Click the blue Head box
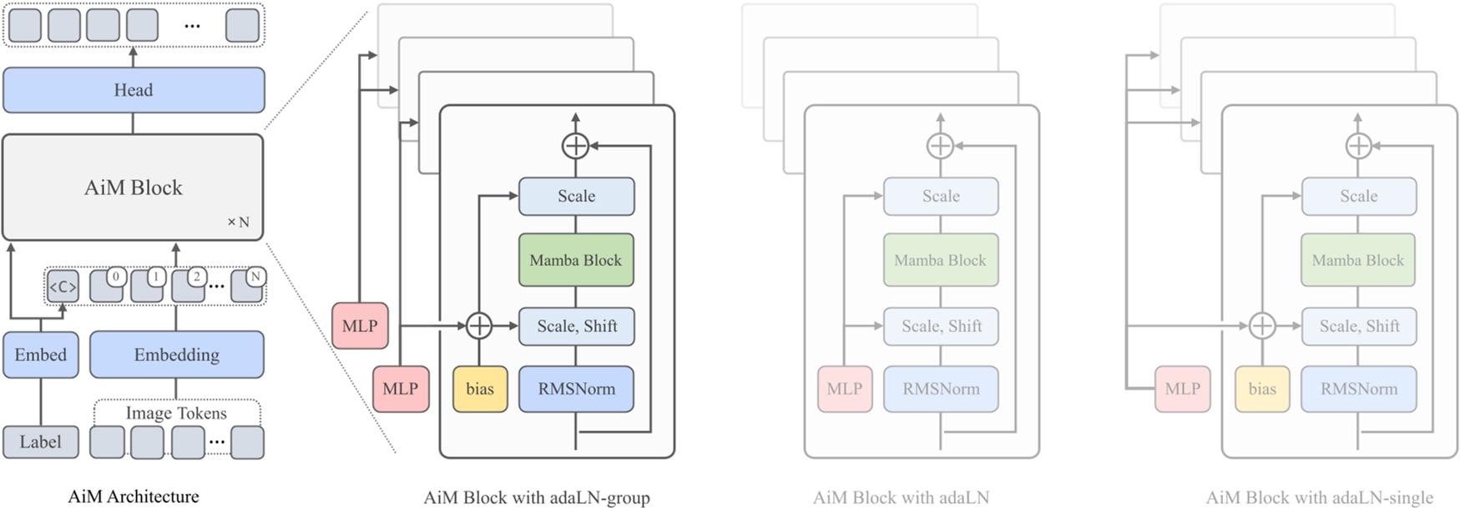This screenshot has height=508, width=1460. [x=134, y=90]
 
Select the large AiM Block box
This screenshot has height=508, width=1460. [x=133, y=188]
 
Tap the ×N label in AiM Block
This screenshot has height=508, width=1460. [x=238, y=222]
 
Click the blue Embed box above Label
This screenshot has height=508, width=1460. [x=40, y=355]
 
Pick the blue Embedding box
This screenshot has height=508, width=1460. [x=176, y=355]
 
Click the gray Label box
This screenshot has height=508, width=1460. [x=40, y=442]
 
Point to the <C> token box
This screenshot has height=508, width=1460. [x=63, y=287]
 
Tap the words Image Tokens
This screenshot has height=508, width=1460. [x=176, y=413]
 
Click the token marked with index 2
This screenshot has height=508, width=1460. [x=188, y=285]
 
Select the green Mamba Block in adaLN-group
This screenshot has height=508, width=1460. [x=576, y=260]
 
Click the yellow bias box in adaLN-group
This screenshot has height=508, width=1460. [x=480, y=389]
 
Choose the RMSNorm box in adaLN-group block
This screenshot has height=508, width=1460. [x=576, y=389]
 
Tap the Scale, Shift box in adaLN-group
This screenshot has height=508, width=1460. [x=576, y=326]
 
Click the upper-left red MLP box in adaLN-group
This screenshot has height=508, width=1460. [x=360, y=326]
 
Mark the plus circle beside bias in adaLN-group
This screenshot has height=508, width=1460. [x=479, y=326]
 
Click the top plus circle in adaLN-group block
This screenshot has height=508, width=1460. [x=575, y=146]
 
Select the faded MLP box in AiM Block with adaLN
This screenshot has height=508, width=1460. [x=844, y=389]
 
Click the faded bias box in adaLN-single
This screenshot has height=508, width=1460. [x=1262, y=389]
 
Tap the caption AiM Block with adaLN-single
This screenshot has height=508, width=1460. [x=1319, y=498]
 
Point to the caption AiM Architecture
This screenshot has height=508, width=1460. [x=134, y=497]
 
